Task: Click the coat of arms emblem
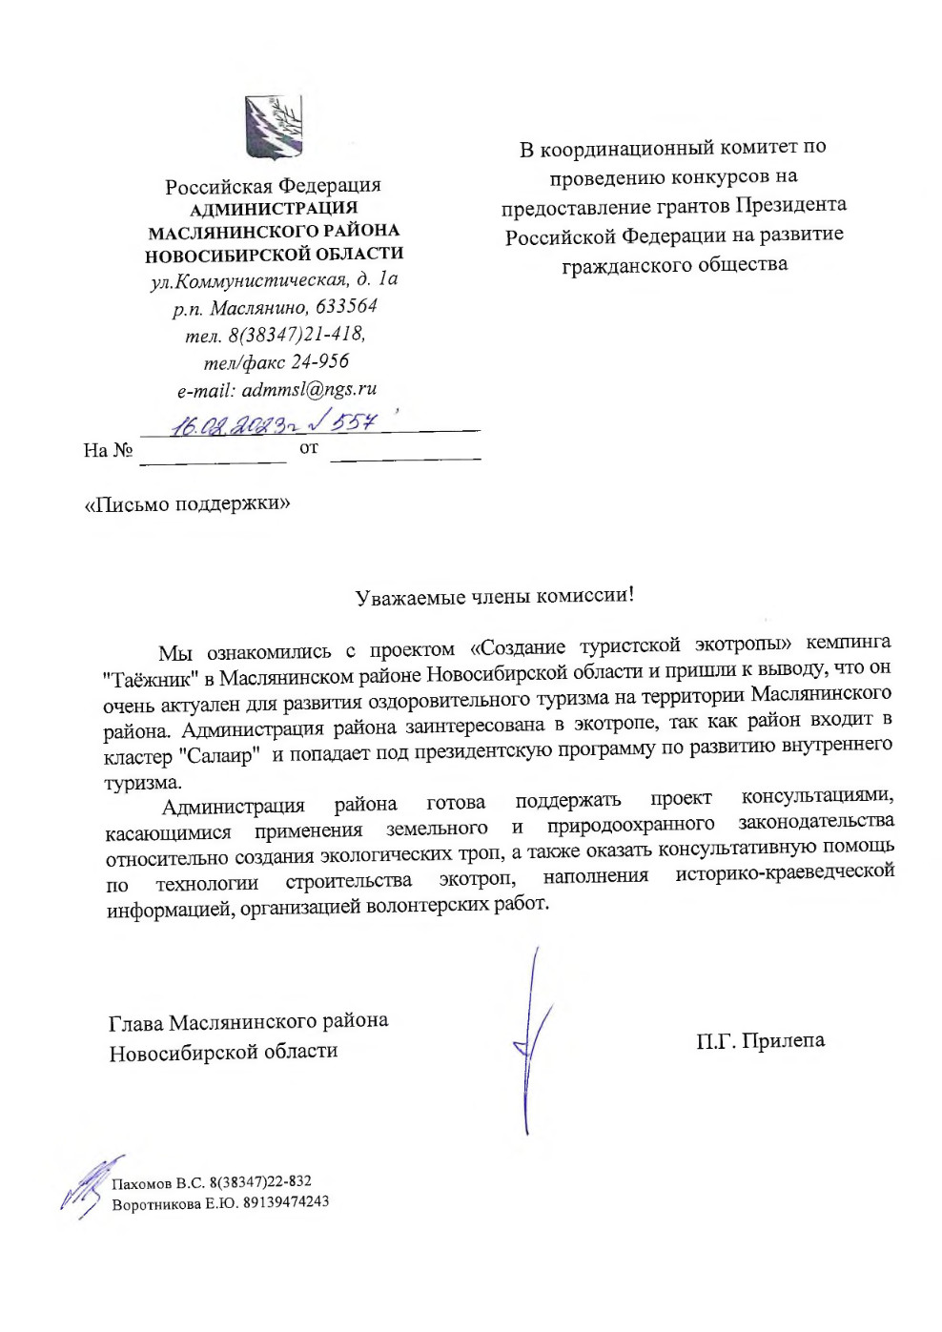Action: (x=275, y=128)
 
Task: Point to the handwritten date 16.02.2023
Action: (x=231, y=424)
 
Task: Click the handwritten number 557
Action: (x=354, y=420)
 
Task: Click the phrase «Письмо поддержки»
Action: (x=188, y=503)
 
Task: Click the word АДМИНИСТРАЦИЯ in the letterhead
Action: (x=274, y=208)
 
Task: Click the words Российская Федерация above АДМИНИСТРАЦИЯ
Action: (x=273, y=186)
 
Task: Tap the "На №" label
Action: (x=108, y=450)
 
